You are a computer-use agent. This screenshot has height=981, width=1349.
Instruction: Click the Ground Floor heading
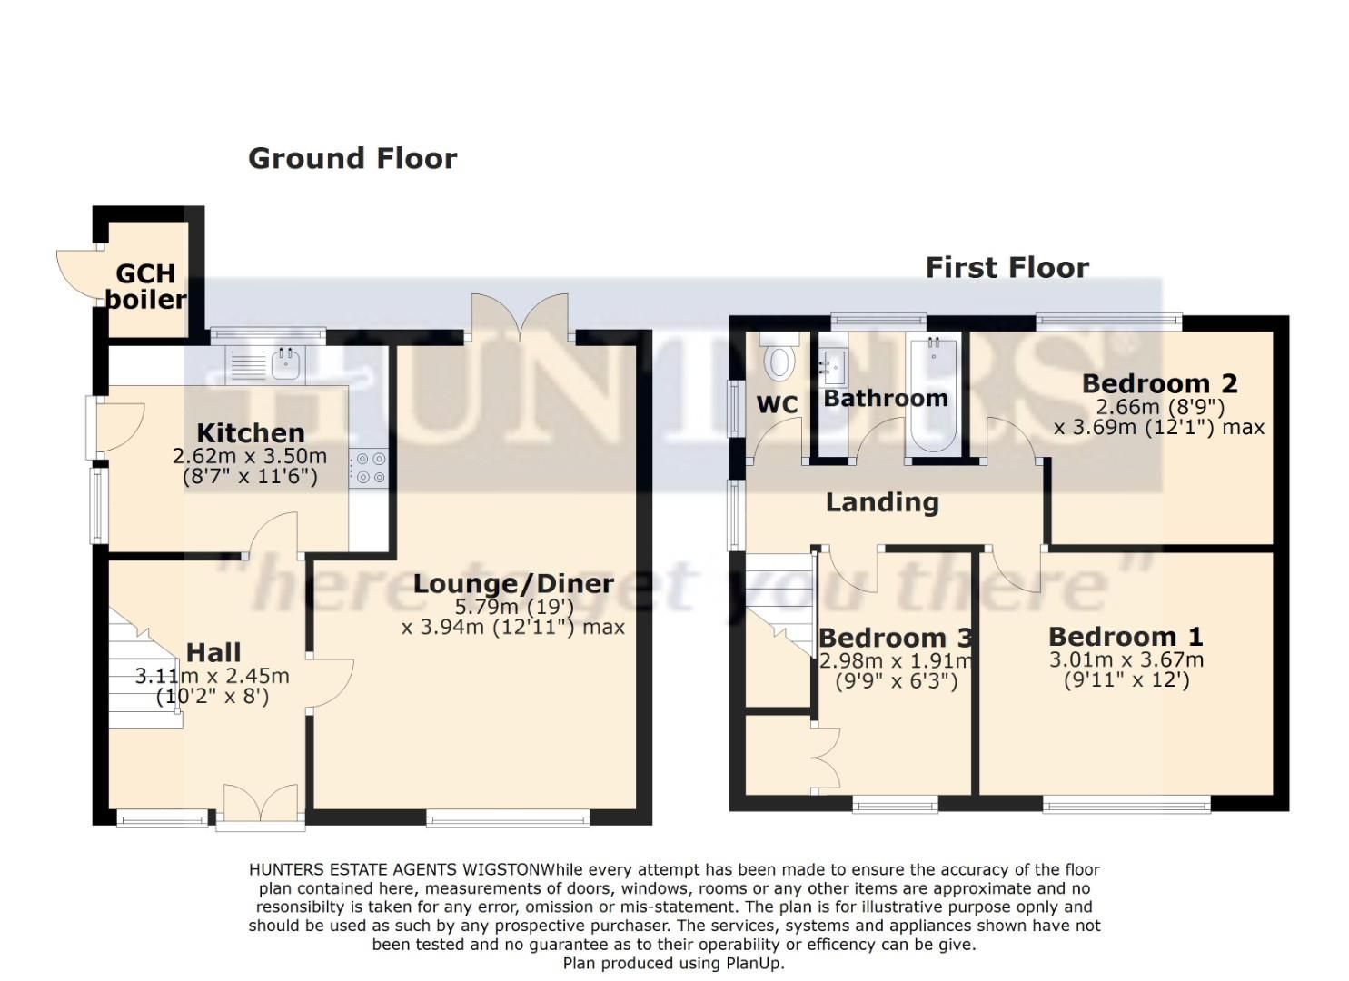click(352, 158)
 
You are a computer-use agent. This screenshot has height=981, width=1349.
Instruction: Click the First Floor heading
click(1007, 268)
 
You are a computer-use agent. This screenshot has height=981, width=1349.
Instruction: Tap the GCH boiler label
click(145, 286)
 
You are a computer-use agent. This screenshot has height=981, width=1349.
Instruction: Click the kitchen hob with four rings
click(370, 468)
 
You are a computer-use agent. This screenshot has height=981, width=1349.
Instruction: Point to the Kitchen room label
click(250, 432)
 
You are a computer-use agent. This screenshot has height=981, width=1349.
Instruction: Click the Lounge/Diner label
click(513, 583)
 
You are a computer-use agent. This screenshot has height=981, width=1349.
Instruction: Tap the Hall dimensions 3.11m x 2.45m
click(213, 677)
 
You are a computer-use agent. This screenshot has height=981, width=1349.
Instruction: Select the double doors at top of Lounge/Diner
click(519, 318)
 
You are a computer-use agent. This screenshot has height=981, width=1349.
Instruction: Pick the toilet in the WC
click(779, 359)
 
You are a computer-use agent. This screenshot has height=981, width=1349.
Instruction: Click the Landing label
click(882, 502)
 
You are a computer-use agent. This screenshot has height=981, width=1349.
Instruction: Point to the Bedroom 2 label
click(1159, 383)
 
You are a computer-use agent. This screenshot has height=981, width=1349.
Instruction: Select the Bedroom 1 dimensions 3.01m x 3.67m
click(1126, 660)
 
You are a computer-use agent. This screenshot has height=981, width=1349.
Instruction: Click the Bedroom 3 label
click(896, 638)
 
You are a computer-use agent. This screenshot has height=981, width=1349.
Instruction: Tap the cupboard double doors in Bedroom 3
click(825, 758)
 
